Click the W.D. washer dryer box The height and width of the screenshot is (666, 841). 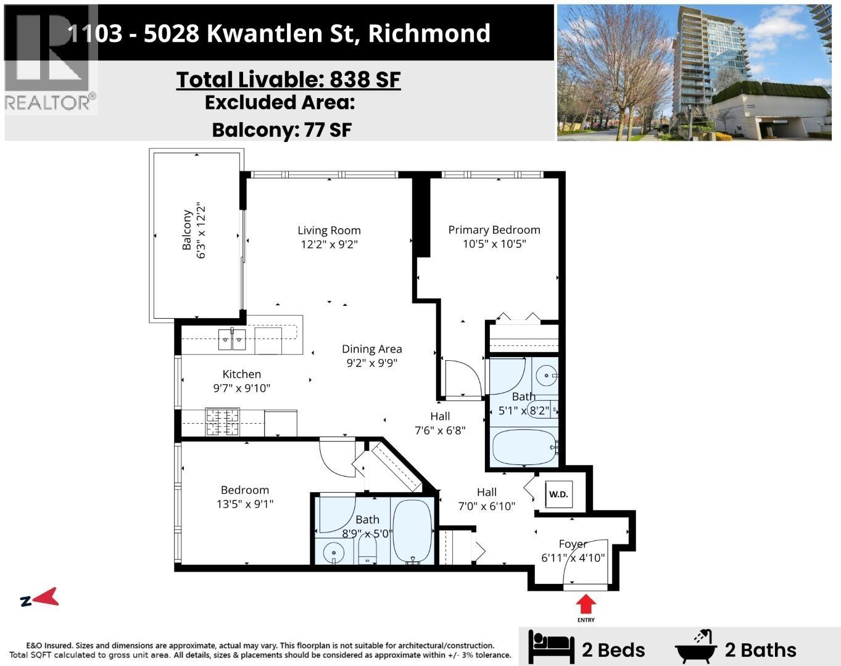click(x=558, y=494)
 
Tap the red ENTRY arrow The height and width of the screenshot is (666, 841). click(x=586, y=602)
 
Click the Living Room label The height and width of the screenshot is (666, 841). click(x=329, y=230)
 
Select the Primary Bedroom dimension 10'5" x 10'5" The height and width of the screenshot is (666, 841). click(x=494, y=244)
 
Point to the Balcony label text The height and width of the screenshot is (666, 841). click(x=186, y=229)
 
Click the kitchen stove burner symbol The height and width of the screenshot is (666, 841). click(x=222, y=423)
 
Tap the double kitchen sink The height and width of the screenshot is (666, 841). click(x=232, y=339)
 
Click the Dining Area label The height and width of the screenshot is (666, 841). click(x=371, y=349)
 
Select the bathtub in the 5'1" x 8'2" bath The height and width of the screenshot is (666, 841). click(x=523, y=447)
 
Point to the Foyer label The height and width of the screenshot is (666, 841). click(x=573, y=544)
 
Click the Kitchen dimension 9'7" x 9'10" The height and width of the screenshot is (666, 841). click(x=242, y=388)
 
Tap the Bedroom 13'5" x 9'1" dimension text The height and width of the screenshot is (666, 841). click(x=244, y=504)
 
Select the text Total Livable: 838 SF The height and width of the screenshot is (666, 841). click(x=288, y=80)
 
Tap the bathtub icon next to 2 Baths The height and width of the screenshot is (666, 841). click(x=696, y=647)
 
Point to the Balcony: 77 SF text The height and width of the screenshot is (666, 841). click(x=281, y=129)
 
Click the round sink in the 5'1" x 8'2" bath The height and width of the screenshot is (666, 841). click(x=545, y=374)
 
